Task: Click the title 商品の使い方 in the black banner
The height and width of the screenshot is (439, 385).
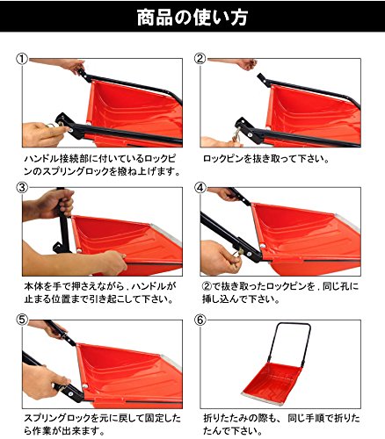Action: coord(192,18)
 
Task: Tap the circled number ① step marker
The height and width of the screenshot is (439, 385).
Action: coord(22,59)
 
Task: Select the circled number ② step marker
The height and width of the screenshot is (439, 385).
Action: coord(200,59)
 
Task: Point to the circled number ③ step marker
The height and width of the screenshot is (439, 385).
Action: coord(22,188)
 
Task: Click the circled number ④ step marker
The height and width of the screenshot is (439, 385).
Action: coord(200,188)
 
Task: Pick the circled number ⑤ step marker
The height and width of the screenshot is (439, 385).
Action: coord(22,320)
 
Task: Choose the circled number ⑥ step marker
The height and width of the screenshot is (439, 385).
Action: coord(200,320)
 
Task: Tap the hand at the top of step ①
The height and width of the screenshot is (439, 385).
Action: coord(73,66)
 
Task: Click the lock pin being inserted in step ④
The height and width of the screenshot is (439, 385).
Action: coord(239,252)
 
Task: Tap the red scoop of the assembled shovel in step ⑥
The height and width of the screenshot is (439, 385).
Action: coord(271,380)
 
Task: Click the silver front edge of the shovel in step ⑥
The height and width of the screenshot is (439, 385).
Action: coord(262,399)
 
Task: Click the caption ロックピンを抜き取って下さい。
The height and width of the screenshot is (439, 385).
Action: coord(266,159)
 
